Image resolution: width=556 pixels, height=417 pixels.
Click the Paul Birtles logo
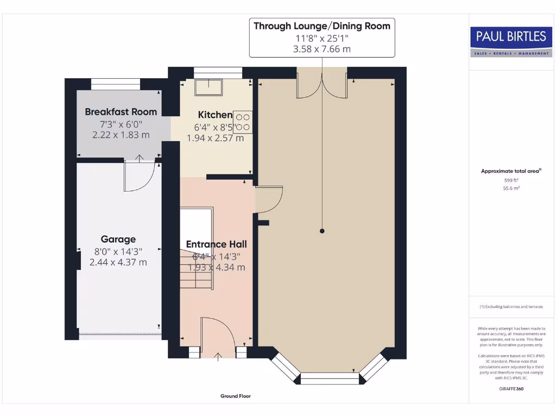click(x=511, y=42)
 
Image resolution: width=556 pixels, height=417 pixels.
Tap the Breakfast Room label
click(x=121, y=112)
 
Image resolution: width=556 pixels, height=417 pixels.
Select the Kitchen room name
click(x=215, y=115)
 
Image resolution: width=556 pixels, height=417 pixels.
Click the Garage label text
click(x=118, y=239)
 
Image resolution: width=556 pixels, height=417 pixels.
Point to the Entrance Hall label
click(x=216, y=244)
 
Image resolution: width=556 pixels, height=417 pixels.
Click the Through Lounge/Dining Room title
click(x=322, y=26)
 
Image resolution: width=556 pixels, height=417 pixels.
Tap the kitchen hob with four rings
click(x=243, y=122)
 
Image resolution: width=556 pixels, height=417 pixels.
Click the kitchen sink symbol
click(x=208, y=87)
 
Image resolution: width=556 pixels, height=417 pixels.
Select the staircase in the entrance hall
click(x=197, y=249)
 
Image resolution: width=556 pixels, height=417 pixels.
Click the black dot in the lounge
click(x=322, y=231)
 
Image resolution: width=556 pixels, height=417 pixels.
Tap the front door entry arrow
click(x=218, y=357)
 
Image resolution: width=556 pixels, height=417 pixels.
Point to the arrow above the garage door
click(x=140, y=159)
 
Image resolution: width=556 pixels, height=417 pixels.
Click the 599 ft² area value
click(x=511, y=180)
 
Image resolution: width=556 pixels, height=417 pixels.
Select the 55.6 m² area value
click(x=511, y=188)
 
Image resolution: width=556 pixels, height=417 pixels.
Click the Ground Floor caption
click(x=236, y=396)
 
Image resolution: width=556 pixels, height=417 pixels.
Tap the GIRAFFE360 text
click(x=511, y=389)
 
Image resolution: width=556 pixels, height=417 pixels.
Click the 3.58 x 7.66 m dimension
click(x=322, y=49)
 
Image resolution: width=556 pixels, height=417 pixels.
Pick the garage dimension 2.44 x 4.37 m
click(x=118, y=262)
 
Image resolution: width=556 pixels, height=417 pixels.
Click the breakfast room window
click(x=116, y=84)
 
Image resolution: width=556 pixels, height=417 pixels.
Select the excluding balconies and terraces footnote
click(x=511, y=307)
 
